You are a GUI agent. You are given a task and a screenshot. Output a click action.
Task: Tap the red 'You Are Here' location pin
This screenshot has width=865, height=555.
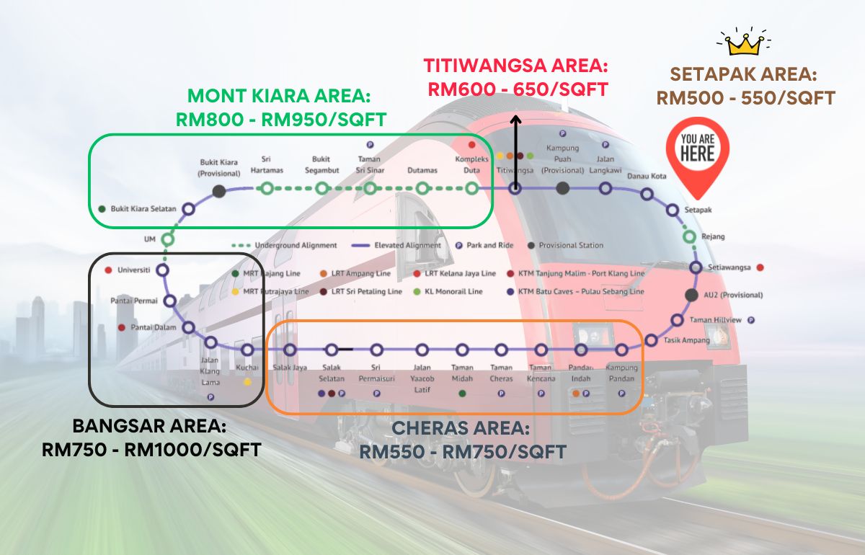pos(697,155)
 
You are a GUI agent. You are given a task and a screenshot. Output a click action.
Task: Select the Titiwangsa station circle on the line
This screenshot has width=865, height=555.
pos(515,189)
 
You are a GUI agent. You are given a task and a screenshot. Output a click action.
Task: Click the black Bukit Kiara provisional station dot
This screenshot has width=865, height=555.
pos(219,191)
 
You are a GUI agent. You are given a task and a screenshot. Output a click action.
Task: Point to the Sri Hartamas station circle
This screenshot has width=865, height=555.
pos(267,189)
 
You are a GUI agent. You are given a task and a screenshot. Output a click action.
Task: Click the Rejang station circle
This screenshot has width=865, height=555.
pos(689,236)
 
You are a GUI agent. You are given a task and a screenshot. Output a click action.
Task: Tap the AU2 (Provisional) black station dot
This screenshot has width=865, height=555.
pos(691,295)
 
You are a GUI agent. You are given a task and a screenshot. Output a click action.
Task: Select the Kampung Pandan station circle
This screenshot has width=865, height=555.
pos(621,350)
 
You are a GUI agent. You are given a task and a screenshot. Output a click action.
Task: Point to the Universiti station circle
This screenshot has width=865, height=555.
pos(162,270)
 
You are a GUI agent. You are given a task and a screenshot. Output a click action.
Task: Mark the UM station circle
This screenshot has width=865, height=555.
pos(168,239)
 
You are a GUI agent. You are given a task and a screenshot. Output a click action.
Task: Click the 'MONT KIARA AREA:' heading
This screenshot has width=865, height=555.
pos(280,97)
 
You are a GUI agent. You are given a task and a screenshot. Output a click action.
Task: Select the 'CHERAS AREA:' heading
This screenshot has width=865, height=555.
pos(461,430)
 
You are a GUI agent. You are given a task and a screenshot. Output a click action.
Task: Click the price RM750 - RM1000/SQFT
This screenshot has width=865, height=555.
pos(151,450)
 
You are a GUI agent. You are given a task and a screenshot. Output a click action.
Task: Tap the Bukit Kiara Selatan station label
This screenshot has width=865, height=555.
pos(143,209)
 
